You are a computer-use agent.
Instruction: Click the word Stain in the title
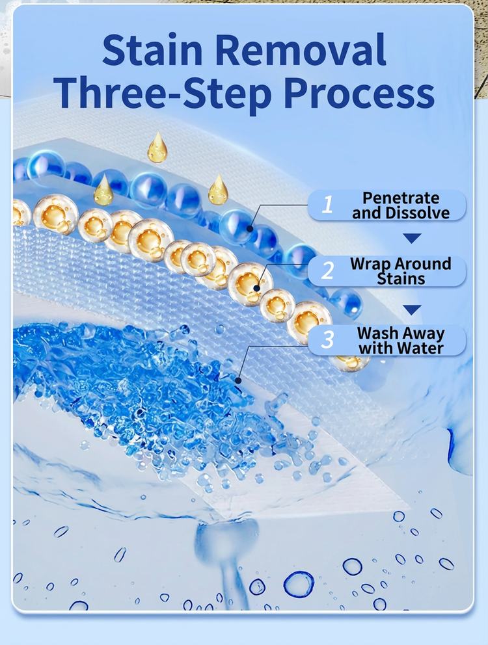(152, 50)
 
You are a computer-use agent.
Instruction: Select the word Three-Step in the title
(162, 95)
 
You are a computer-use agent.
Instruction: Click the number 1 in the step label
(327, 204)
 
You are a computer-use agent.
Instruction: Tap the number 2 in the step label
(327, 270)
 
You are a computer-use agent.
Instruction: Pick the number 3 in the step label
(327, 340)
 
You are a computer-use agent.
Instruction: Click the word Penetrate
(401, 198)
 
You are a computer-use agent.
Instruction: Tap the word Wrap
(366, 264)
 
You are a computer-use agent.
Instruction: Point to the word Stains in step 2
(401, 279)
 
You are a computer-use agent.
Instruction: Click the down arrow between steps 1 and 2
(412, 238)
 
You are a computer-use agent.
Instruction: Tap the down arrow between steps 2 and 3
(412, 309)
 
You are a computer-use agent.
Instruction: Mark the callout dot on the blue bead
(250, 228)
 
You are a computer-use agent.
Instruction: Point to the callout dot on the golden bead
(256, 288)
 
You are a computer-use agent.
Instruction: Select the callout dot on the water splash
(238, 381)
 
